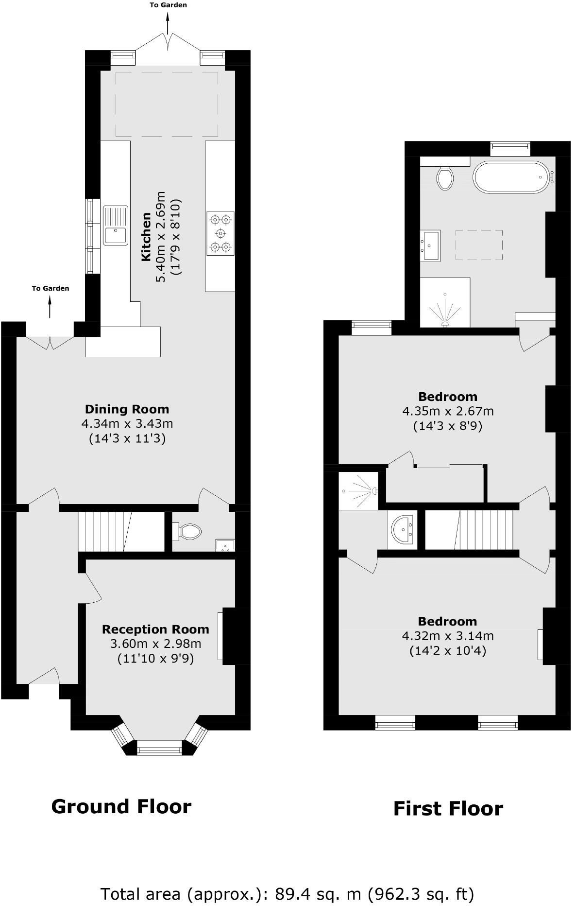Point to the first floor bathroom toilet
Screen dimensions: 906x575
(445, 177)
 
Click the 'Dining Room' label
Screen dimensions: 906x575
(127, 409)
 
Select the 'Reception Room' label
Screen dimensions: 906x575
(155, 629)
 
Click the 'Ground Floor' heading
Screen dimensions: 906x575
(121, 807)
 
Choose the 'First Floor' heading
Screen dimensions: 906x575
(448, 809)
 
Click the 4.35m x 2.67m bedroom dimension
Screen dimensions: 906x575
(448, 411)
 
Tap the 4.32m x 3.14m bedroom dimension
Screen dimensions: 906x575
(448, 636)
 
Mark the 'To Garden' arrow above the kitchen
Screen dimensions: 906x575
(168, 22)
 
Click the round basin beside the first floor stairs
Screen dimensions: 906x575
(403, 529)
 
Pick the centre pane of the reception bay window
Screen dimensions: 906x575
(159, 748)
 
